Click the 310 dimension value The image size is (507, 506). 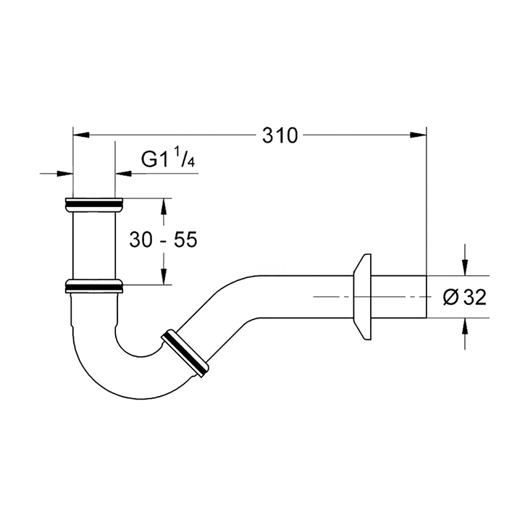coord(280,135)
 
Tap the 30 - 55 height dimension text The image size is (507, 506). coord(163,240)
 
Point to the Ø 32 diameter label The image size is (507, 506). coord(465,298)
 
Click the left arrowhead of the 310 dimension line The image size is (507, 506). coord(81,135)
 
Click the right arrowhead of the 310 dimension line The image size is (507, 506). coord(419,135)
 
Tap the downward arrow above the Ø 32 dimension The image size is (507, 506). coord(465,268)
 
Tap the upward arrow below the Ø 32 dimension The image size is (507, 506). coord(465,326)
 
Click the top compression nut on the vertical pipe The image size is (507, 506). coord(94,205)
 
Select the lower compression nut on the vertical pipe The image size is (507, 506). coord(94,286)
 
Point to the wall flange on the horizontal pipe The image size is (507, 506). coord(361,297)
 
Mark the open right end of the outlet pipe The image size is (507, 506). coord(427,297)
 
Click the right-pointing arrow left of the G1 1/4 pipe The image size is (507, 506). coord(64,174)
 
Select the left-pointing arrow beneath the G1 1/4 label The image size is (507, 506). coord(124,174)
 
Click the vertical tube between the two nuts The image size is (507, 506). coord(94,245)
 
